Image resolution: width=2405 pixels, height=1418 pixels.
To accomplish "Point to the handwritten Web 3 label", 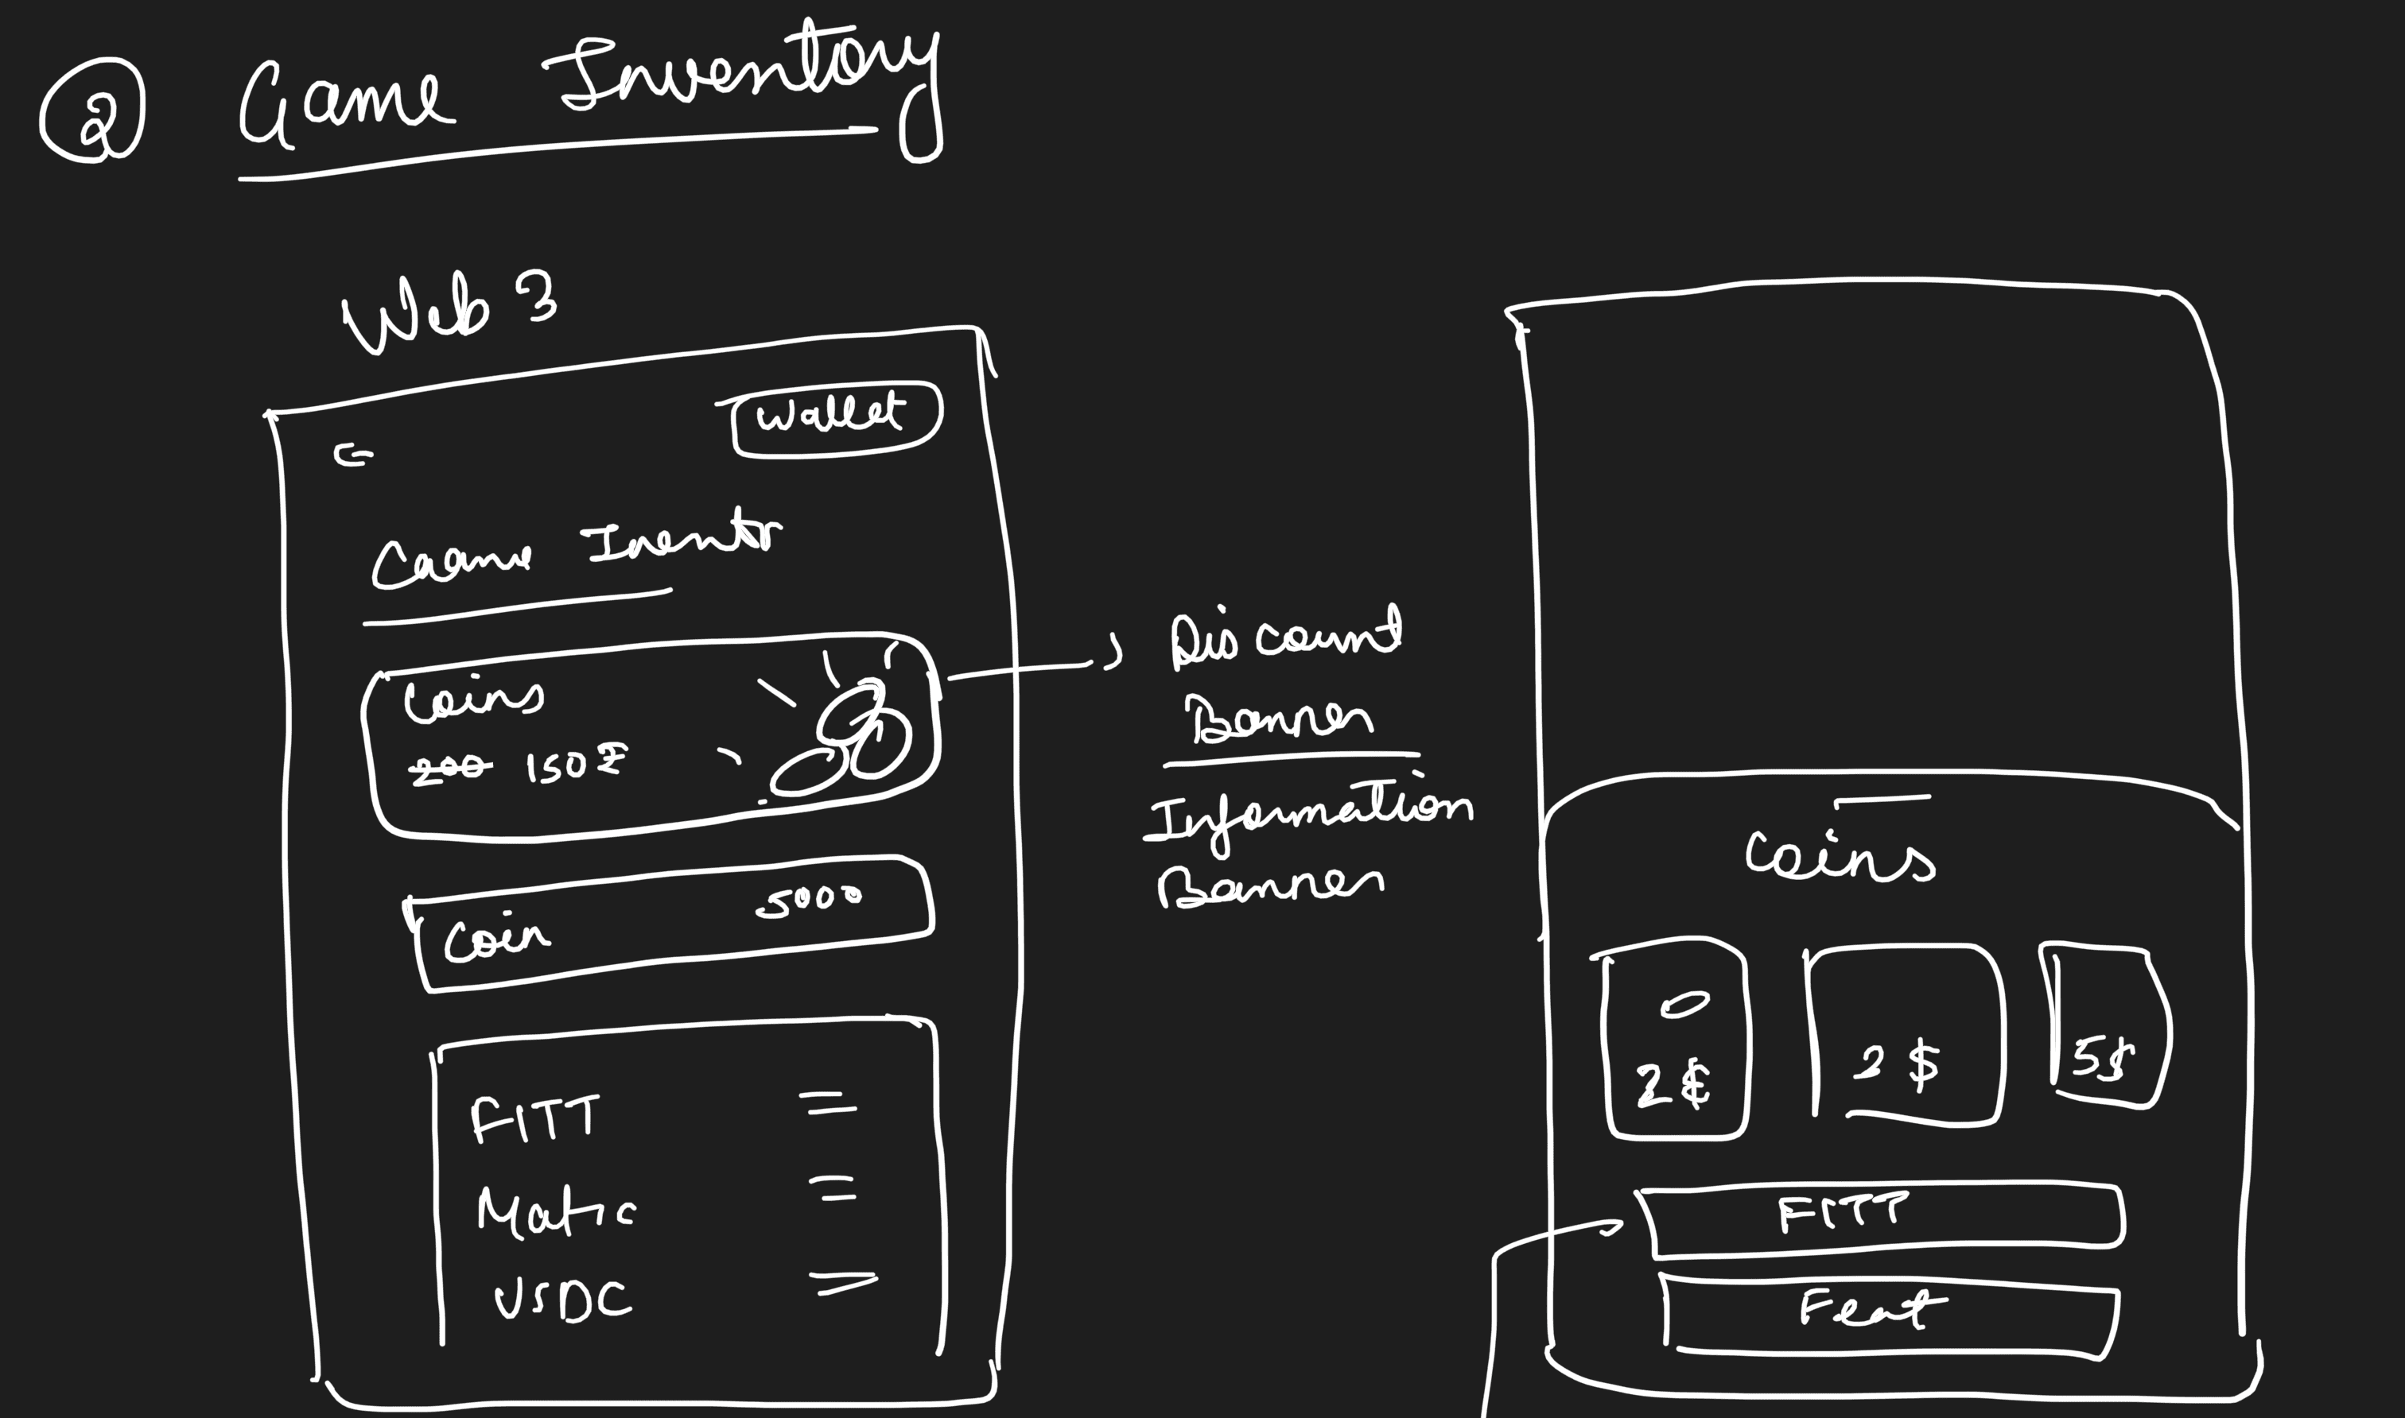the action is [x=449, y=312].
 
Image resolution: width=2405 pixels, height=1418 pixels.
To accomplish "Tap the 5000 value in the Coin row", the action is [x=809, y=901].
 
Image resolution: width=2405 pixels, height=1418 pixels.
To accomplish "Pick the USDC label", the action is [x=563, y=1300].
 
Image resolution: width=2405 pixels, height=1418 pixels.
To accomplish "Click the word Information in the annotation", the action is [x=1310, y=816].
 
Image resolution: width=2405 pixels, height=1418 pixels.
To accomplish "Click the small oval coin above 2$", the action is [x=1684, y=1005].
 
